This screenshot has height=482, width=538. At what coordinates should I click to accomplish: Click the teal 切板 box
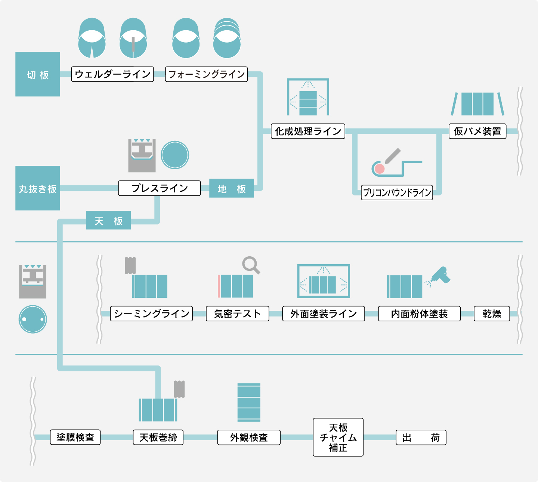(x=38, y=74)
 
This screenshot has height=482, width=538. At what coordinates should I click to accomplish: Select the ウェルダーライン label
(x=112, y=74)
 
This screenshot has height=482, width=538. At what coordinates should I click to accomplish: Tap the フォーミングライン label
(x=206, y=74)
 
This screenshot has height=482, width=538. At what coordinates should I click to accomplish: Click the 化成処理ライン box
(x=308, y=131)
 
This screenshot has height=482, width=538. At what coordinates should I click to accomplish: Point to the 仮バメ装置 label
(x=477, y=131)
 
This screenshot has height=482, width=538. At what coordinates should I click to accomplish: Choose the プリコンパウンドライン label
(x=397, y=192)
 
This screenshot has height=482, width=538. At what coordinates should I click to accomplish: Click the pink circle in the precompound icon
(x=380, y=169)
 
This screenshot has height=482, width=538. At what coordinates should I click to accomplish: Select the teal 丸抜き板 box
(x=38, y=188)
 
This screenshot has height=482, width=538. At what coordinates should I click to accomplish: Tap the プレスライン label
(x=160, y=188)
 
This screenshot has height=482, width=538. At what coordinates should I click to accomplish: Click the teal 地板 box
(x=232, y=188)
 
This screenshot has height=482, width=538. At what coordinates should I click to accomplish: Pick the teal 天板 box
(x=109, y=220)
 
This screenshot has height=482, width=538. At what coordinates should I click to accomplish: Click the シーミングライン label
(x=151, y=313)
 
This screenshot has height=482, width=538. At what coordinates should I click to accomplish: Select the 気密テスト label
(x=238, y=313)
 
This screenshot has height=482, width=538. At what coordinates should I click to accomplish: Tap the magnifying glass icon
(x=251, y=265)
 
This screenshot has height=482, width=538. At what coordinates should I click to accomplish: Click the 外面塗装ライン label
(x=324, y=313)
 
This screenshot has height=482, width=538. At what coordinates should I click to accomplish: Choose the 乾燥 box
(x=492, y=313)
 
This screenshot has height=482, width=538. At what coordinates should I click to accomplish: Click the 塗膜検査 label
(x=75, y=437)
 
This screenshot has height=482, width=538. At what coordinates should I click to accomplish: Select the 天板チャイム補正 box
(x=338, y=437)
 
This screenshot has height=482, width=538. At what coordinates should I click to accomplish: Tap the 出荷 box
(x=421, y=437)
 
